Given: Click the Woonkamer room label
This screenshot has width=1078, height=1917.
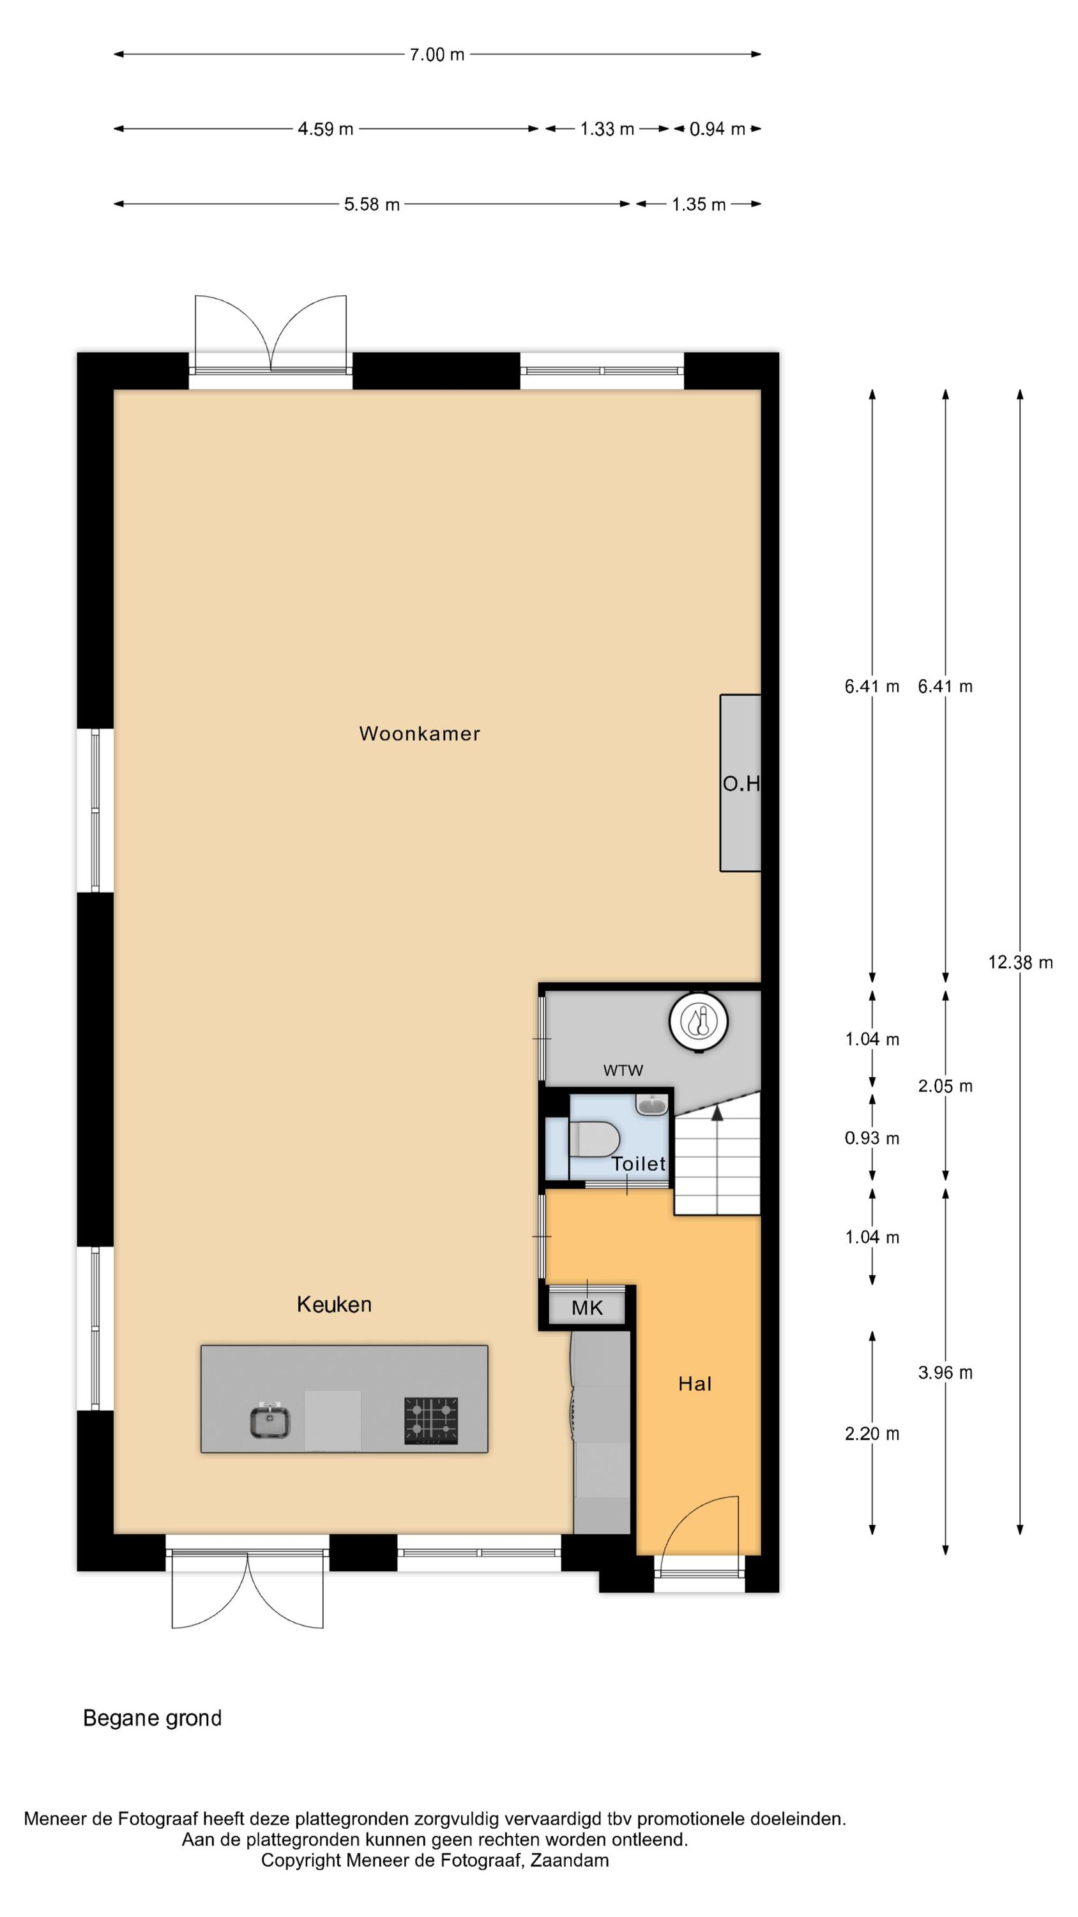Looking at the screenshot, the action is pos(419,733).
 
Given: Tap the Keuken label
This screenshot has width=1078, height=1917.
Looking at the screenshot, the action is pos(334,1304).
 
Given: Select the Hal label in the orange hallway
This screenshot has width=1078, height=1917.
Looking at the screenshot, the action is pos(695,1383).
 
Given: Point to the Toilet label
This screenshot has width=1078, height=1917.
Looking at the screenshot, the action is pos(639,1163).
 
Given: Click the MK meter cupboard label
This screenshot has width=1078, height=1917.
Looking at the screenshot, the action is pos(587,1307).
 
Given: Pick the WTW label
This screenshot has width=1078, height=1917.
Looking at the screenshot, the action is pos(623,1070).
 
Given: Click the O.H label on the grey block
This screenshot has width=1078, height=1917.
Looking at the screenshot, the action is pos(741,783).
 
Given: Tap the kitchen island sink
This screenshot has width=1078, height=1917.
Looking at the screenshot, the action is pos(269,1420).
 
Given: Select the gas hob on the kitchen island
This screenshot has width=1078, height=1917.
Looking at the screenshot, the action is pos(431,1420).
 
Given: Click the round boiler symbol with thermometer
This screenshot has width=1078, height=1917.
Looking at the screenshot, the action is pos(698,1021).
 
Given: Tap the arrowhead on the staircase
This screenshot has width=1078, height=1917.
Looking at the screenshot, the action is pos(717,1112).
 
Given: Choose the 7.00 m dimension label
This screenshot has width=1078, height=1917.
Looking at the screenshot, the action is pos(437,54).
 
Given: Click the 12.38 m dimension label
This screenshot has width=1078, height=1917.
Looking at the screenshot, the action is pos(1020,962).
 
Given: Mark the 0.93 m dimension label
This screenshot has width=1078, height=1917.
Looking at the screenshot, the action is pos(872,1138).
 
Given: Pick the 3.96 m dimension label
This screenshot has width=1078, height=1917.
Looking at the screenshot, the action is pos(945,1373).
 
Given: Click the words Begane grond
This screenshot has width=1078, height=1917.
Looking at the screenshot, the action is pos(153,1718).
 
